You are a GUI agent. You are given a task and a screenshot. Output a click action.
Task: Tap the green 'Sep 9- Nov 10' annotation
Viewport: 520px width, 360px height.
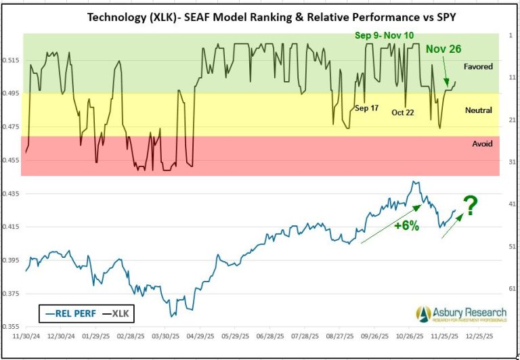pos(385,35)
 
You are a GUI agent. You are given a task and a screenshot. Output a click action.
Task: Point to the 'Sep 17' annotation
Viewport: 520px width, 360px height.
pos(366,108)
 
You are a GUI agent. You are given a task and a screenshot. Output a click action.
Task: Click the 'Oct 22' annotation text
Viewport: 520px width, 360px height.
pos(403,112)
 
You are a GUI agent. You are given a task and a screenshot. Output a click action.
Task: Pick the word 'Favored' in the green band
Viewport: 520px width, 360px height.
pos(478,67)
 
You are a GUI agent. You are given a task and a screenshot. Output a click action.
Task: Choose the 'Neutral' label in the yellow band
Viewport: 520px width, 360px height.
pos(479,110)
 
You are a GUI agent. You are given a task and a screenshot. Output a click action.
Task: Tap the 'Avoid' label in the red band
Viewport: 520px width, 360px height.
pos(481,144)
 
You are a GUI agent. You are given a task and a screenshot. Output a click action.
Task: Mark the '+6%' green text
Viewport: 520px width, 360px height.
pos(406,226)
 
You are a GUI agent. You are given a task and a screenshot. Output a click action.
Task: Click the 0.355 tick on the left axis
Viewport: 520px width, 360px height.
pos(12,327)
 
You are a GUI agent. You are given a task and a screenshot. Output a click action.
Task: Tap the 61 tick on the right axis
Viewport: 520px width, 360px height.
pos(511,289)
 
